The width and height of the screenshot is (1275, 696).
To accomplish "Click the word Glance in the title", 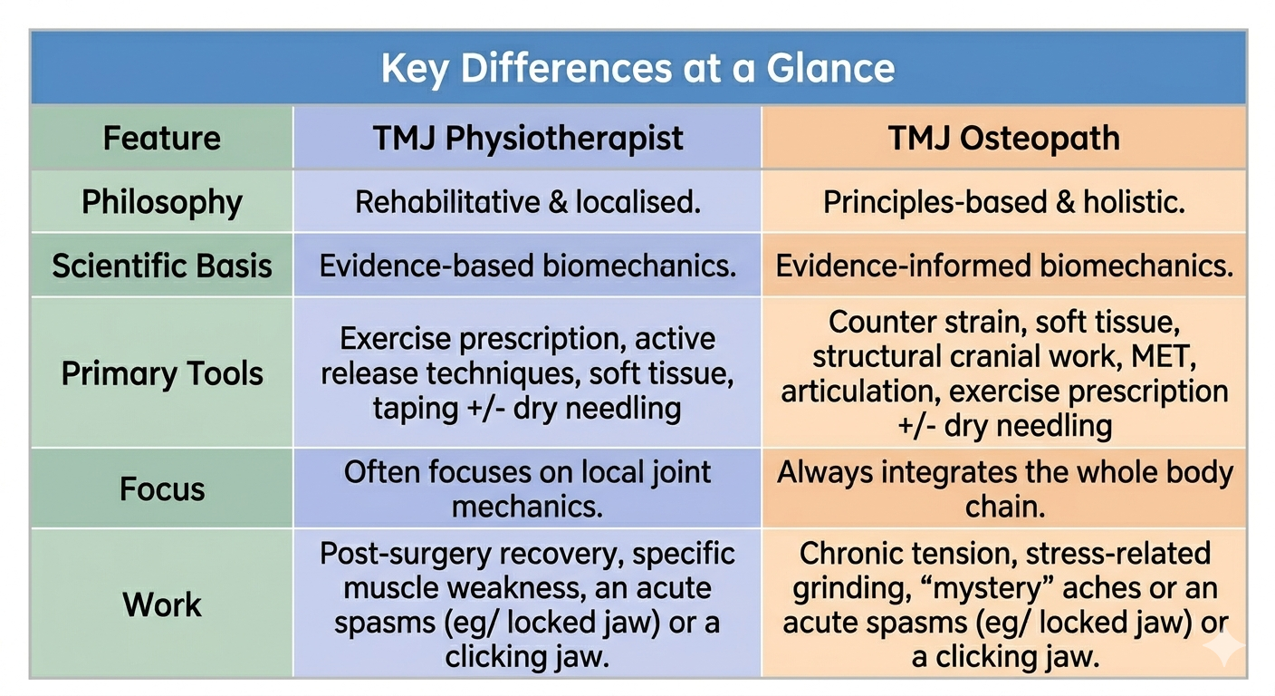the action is (830, 68).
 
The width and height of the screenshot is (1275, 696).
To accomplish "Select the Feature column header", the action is (162, 138).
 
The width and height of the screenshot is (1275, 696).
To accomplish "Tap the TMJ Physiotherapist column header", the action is (528, 139).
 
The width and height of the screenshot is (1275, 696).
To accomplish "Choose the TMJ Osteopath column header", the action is (1003, 139).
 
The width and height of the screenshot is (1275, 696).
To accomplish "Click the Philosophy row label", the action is (162, 202).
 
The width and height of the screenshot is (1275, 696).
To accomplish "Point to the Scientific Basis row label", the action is (162, 266).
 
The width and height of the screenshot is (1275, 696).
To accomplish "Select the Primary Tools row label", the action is (162, 374).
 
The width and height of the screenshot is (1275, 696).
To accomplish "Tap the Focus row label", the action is (162, 488).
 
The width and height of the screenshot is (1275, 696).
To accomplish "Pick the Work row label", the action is (162, 604).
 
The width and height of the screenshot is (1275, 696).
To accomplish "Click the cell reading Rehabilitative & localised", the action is (528, 202).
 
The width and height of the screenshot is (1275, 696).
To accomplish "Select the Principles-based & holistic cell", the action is (1003, 202).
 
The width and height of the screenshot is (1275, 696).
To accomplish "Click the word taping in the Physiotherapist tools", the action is (416, 410).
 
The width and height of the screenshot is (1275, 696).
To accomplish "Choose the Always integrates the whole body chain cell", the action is (1004, 488).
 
